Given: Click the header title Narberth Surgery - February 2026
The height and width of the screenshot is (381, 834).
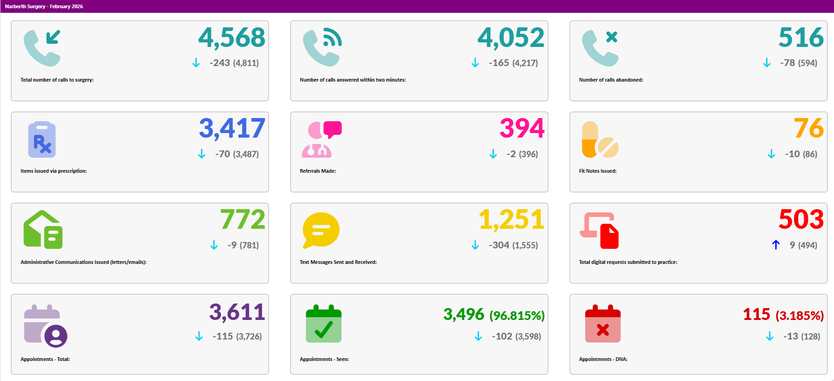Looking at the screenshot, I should click(44, 6).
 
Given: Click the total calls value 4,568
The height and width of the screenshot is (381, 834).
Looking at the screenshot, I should click(232, 38).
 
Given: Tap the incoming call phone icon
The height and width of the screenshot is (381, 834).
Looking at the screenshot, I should click(42, 48).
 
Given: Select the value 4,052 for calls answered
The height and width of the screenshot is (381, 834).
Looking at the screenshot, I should click(511, 38).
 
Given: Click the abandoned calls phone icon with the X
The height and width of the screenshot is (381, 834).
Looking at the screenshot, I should click(600, 48).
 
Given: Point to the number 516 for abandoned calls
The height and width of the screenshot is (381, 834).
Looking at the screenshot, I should click(801, 38).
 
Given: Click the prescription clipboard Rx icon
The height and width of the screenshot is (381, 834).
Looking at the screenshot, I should click(42, 140).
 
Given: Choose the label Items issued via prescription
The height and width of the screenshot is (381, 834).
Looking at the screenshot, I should click(54, 171).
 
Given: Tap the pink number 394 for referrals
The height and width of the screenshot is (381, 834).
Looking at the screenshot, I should click(522, 129).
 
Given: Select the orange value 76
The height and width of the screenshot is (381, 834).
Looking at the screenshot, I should click(808, 129).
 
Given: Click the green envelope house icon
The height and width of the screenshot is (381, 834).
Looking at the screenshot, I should click(43, 230).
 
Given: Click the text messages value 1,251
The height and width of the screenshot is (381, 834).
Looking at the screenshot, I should click(511, 220).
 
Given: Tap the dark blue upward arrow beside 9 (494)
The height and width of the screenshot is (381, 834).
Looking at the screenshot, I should click(776, 245).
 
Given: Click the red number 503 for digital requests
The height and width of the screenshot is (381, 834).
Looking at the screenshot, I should click(801, 220).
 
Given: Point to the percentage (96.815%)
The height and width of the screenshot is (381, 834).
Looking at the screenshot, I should click(517, 315).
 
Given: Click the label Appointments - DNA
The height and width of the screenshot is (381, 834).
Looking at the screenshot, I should click(603, 359).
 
